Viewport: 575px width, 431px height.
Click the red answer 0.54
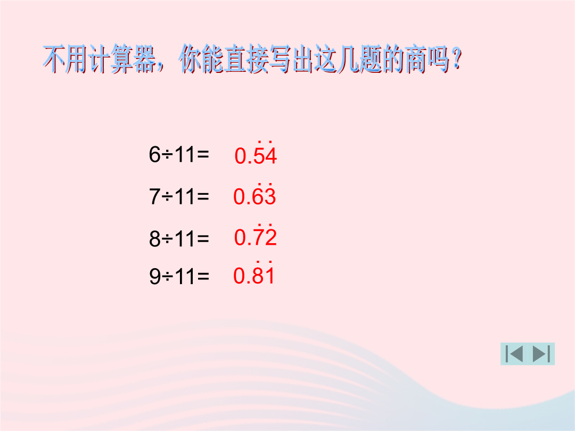click(256, 153)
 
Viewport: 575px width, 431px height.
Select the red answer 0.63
click(254, 194)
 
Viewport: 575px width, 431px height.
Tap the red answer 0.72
click(255, 235)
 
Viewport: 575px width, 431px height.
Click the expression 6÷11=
click(179, 154)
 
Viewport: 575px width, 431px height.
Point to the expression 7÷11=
click(179, 196)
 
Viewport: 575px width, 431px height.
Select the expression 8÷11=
click(179, 238)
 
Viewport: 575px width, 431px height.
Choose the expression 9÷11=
click(179, 276)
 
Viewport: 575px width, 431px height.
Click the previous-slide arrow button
click(514, 354)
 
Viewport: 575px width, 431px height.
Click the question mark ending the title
click(456, 60)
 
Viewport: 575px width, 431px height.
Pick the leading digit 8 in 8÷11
click(155, 238)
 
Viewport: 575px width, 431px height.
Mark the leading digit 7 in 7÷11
click(155, 196)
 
